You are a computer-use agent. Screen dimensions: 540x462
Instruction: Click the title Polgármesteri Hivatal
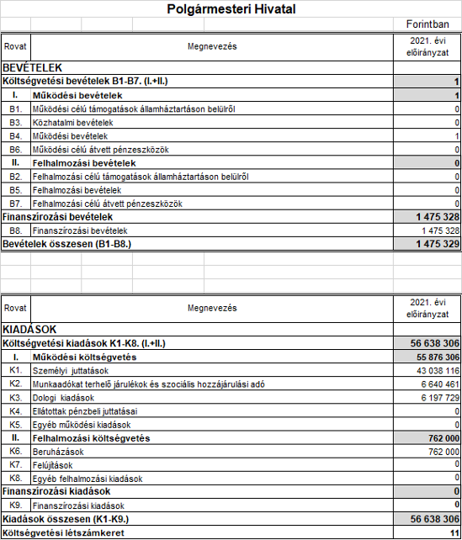231,10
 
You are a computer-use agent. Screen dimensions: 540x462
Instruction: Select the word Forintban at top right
427,27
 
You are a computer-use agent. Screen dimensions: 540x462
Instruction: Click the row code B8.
15,230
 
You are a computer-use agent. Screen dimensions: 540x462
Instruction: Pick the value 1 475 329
433,243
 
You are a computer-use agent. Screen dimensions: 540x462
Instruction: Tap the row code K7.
15,464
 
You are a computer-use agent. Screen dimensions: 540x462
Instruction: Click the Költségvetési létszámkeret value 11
454,532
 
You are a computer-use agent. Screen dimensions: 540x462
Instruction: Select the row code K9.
15,506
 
